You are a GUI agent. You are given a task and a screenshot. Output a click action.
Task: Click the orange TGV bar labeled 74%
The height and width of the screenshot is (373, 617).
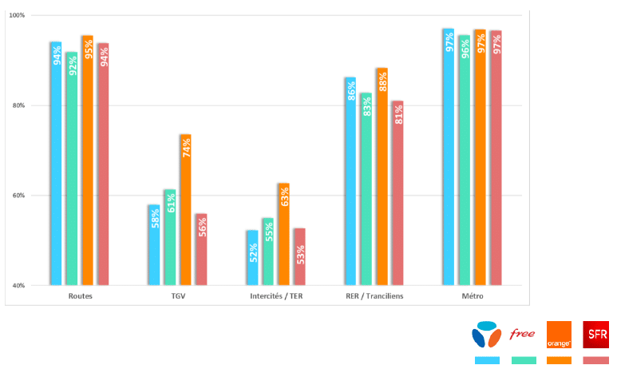click(186, 209)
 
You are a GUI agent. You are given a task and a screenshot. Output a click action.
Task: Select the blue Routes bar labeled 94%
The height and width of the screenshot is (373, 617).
click(56, 163)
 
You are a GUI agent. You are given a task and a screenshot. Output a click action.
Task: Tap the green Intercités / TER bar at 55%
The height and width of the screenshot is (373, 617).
click(268, 252)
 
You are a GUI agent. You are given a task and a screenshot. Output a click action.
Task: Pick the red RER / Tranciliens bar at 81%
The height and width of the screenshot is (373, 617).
click(397, 193)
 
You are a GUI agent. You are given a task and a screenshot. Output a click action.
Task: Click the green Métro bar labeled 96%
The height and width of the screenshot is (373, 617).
click(465, 160)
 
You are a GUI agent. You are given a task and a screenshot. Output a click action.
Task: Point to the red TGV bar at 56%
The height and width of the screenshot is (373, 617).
click(201, 249)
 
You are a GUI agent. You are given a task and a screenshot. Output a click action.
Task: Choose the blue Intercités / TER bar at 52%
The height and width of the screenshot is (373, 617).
click(252, 258)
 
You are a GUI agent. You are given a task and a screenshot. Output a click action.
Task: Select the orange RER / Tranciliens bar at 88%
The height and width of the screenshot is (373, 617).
click(382, 177)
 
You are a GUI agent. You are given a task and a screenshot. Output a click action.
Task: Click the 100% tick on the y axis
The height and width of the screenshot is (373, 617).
click(17, 15)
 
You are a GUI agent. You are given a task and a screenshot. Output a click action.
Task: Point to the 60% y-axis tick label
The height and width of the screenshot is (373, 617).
click(18, 196)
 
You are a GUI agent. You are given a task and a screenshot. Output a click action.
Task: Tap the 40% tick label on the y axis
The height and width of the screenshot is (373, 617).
click(18, 286)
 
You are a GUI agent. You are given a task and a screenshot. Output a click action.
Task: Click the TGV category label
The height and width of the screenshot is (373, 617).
click(178, 296)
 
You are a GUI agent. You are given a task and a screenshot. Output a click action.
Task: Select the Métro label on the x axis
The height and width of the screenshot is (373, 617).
click(473, 296)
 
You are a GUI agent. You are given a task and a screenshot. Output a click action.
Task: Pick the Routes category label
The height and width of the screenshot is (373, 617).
click(81, 296)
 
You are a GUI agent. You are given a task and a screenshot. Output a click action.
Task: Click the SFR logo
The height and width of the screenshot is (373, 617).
click(595, 335)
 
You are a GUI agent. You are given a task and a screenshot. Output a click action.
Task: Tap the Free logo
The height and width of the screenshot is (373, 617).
click(522, 334)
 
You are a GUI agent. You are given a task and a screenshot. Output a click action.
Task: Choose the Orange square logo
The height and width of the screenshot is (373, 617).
click(559, 335)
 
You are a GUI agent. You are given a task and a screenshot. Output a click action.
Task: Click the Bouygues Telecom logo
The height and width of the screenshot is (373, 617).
click(487, 335)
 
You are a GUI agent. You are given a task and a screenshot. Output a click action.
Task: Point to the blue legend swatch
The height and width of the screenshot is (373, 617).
click(487, 360)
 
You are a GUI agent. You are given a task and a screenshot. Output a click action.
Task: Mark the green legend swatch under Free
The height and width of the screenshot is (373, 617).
click(524, 360)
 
